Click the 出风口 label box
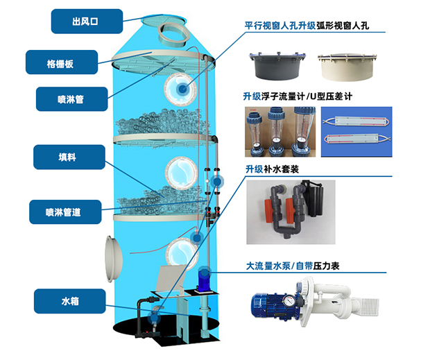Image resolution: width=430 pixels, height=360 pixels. [x=87, y=22]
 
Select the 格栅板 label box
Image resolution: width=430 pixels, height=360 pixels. [x=62, y=62]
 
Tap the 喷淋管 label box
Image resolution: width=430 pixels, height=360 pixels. [x=72, y=99]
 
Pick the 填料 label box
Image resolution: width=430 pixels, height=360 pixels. [x=69, y=157]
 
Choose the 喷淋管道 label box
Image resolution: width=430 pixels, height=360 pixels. [x=65, y=212]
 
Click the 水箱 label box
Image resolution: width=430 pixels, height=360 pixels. [x=70, y=301]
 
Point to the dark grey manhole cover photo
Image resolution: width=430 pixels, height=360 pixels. [x=277, y=66]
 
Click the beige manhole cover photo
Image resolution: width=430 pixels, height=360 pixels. [x=347, y=67]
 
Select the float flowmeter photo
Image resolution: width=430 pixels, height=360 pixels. [x=280, y=132]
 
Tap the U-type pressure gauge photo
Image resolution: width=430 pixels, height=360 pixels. [x=356, y=132]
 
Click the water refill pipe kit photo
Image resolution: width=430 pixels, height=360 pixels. [x=291, y=212]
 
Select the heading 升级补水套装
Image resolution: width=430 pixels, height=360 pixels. [x=272, y=169]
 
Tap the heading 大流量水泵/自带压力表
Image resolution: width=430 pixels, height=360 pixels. [x=293, y=266]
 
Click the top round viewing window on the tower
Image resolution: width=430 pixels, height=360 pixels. [x=180, y=89]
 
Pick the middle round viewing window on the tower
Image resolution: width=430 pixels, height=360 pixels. [x=181, y=173]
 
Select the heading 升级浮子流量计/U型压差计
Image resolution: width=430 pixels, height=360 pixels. [x=298, y=96]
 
